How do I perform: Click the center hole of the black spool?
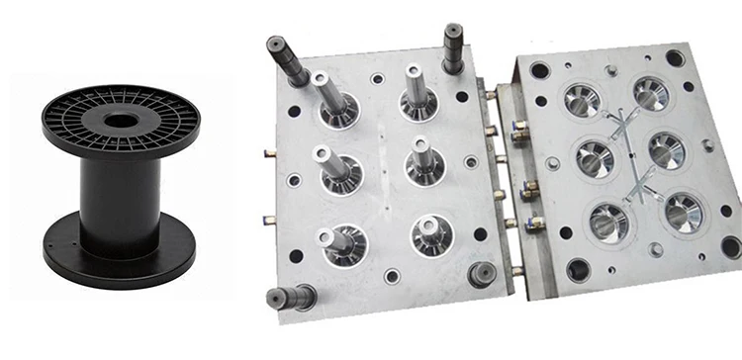(x=121, y=121)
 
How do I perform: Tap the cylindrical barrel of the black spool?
(x=121, y=188)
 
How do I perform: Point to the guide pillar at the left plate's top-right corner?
(x=454, y=46)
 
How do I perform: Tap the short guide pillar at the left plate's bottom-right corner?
(x=482, y=273)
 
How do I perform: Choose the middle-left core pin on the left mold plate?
(x=334, y=169)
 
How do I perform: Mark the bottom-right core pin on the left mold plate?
(x=430, y=233)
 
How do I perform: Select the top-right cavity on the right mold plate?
(x=650, y=94)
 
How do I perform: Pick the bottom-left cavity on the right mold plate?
(x=607, y=222)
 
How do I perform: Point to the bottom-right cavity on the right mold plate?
(x=683, y=212)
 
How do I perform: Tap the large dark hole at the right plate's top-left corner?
(x=540, y=70)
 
